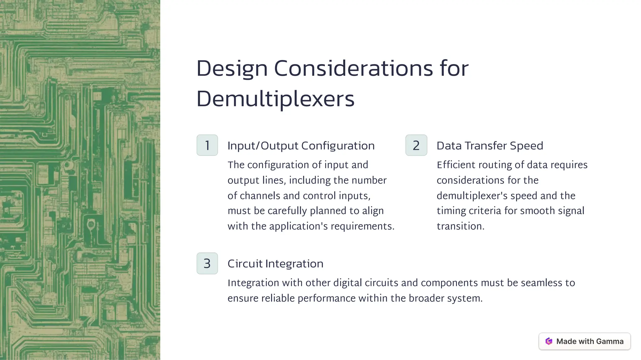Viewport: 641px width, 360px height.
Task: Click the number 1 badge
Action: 207,145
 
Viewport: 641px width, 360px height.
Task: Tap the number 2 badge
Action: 416,145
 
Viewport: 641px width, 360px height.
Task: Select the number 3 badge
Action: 207,263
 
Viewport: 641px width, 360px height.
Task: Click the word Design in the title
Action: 232,68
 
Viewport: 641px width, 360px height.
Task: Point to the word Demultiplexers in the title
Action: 275,99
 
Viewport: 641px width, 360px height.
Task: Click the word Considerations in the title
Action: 353,68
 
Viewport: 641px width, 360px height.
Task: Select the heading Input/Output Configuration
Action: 301,146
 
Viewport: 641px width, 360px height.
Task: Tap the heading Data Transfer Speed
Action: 490,146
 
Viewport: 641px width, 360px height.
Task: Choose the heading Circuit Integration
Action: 275,264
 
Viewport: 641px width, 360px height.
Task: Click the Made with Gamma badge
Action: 584,341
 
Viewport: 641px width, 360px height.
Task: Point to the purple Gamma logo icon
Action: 549,341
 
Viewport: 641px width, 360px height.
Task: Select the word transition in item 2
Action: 460,226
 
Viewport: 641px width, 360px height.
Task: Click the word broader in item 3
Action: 426,298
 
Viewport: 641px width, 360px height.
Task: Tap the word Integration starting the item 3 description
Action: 253,283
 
